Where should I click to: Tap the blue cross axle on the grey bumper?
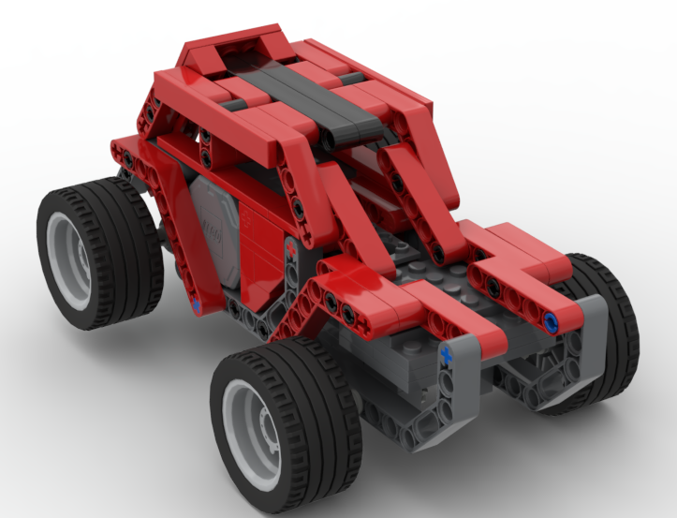447,354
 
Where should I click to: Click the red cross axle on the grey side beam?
291,250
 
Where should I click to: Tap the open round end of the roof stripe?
331,140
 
